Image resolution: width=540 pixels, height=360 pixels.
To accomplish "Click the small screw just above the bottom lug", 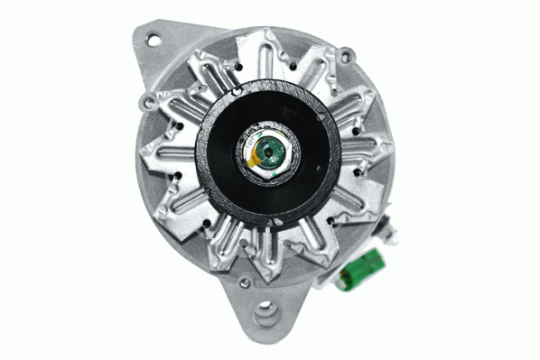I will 245,282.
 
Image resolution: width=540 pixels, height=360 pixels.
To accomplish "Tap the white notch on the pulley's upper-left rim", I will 237,91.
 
